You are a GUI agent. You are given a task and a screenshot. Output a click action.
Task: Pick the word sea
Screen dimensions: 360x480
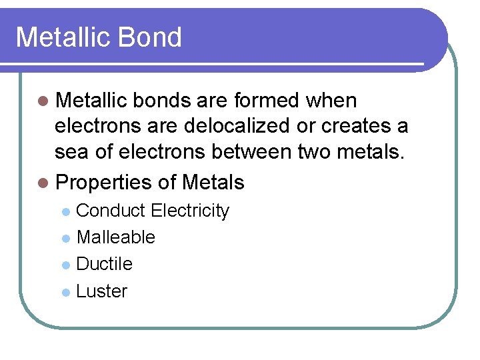tap(70, 153)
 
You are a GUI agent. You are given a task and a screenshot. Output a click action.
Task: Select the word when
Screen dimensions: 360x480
tap(331, 101)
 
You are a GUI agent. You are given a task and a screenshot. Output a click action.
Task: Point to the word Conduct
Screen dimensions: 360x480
tap(111, 211)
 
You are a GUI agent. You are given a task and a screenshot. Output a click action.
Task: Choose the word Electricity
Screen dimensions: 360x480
tap(190, 211)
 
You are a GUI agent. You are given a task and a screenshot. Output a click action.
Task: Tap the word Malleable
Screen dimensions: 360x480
tap(116, 237)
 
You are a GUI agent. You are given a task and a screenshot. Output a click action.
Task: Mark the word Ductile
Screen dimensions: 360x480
tap(105, 264)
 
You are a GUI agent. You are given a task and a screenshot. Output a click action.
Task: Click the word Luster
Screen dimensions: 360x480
tap(101, 291)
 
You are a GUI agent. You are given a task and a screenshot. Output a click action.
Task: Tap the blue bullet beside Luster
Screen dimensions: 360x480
tap(65, 292)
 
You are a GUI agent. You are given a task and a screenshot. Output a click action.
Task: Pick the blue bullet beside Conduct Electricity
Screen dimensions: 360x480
tap(65, 211)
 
